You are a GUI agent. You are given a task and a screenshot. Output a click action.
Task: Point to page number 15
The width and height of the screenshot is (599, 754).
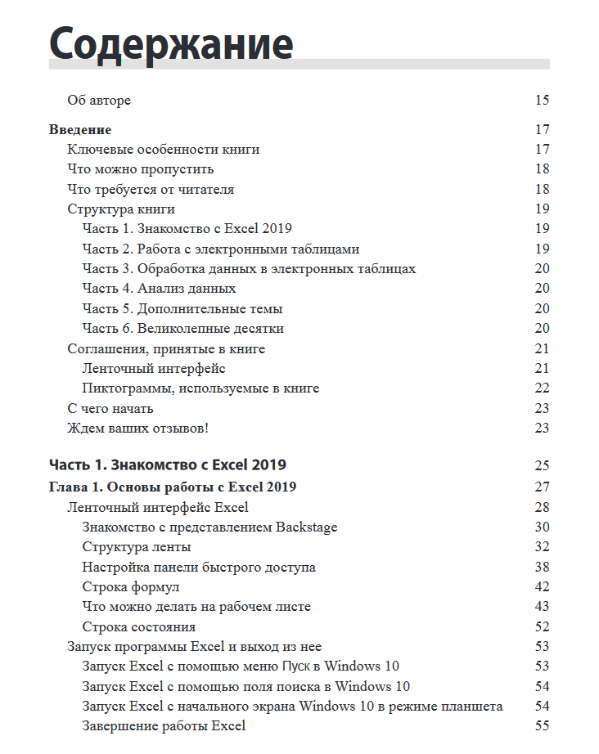[542, 101]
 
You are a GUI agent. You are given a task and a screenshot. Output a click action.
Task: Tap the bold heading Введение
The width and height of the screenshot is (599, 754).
[80, 129]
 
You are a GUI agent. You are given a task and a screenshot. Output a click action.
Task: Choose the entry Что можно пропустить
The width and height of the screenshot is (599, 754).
[140, 169]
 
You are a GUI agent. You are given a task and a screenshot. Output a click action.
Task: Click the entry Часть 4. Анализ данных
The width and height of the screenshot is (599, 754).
[159, 289]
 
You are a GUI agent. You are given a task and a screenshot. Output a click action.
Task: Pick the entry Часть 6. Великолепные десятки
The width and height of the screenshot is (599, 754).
[182, 329]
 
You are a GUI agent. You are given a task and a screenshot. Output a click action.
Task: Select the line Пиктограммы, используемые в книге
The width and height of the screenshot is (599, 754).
[200, 388]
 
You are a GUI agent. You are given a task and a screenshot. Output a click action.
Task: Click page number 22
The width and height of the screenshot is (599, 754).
[542, 388]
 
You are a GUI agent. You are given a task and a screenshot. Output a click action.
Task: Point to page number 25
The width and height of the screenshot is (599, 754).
[542, 466]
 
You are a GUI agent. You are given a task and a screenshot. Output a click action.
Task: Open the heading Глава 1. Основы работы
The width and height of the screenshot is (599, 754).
[172, 487]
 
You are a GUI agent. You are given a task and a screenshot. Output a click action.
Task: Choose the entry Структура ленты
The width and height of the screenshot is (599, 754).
[137, 547]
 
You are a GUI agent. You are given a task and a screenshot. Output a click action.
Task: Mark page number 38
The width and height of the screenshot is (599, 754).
[542, 568]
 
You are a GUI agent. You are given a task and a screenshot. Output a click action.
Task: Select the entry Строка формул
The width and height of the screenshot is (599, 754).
[131, 587]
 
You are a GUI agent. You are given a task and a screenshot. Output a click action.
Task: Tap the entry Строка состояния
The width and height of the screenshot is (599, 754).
[138, 627]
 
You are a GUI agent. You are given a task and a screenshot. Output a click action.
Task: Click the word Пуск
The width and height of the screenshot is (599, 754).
[296, 666]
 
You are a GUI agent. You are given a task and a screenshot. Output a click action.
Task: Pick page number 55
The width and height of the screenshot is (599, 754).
[542, 726]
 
